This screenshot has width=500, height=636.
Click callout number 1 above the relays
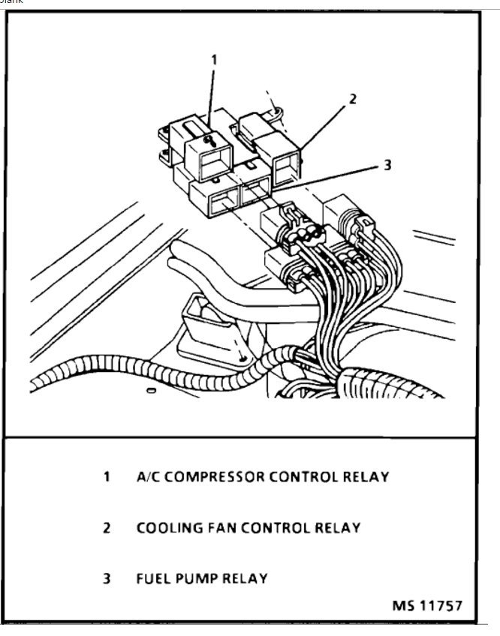pos(214,57)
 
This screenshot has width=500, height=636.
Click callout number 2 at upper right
pos(352,98)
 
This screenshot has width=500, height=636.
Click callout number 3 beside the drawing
pos(387,166)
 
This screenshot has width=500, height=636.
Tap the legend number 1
pos(107,476)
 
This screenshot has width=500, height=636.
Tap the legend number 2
pos(107,528)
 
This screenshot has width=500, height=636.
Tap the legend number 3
pos(107,579)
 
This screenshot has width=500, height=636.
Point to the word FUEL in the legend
pos(152,579)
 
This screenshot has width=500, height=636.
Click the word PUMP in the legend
pos(195,579)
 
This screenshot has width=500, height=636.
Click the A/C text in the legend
pos(149,476)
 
